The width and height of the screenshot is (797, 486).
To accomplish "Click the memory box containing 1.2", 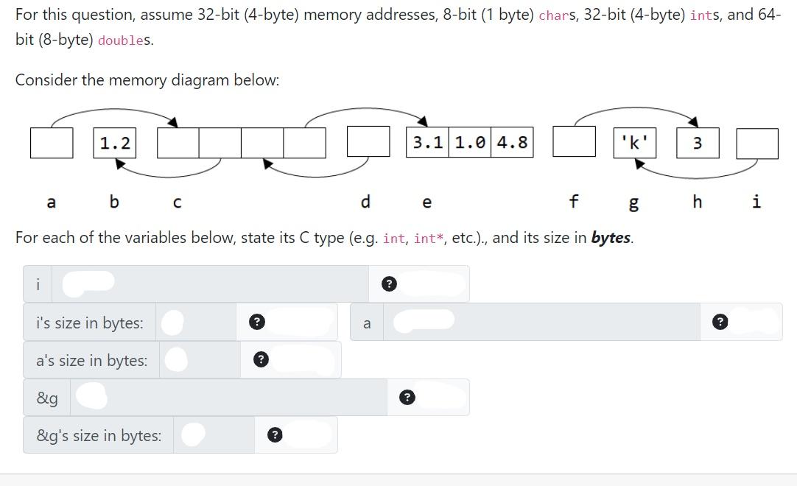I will (114, 143).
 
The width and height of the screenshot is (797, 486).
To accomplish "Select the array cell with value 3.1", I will (427, 143).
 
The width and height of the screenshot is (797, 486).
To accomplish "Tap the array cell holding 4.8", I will (512, 143).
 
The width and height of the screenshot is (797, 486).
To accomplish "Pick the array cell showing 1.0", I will (470, 143).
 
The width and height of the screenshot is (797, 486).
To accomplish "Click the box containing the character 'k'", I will (634, 143).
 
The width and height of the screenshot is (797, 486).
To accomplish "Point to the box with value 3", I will (697, 143).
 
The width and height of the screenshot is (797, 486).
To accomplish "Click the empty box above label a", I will (52, 143).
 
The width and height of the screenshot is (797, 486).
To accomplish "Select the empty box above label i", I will (756, 143).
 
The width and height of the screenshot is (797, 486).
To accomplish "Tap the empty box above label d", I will (368, 141).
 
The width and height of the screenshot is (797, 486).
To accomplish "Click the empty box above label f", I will (574, 141).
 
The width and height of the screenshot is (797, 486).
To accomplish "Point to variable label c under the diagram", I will (177, 202).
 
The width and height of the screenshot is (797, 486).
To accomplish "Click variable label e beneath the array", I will (427, 202).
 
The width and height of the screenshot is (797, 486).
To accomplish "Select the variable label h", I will (697, 201).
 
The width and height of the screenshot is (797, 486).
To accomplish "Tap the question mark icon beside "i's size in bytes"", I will (256, 322).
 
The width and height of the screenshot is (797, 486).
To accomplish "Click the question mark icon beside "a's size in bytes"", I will (259, 359).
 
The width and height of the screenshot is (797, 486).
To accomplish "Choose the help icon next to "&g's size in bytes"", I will (274, 434).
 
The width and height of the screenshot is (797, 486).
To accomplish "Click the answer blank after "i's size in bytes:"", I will (172, 322).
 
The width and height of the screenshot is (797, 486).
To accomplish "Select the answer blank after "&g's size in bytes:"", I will (193, 434).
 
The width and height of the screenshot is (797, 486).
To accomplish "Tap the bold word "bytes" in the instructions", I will (611, 238).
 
